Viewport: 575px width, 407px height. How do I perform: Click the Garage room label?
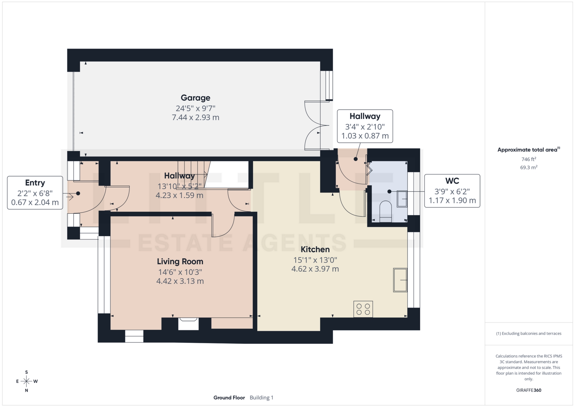point(195,98)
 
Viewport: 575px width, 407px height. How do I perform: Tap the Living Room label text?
point(180,262)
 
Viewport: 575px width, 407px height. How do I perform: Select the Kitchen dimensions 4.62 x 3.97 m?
point(315,269)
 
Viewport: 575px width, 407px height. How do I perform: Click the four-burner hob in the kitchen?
point(363,309)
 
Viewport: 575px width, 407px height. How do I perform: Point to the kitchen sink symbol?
point(400,280)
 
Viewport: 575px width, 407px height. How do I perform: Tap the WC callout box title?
point(452,181)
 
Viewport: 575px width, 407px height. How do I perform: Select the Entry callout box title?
point(35,183)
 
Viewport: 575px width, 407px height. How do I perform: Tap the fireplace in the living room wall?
point(188,324)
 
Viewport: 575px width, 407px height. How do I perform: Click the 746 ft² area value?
point(529,159)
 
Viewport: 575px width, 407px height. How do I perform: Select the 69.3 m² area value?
point(529,168)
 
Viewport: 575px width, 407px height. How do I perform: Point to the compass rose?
point(27,381)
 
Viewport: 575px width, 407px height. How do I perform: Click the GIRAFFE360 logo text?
point(529,390)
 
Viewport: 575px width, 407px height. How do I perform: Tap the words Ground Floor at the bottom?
point(229,398)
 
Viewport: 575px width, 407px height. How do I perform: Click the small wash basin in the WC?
point(402,199)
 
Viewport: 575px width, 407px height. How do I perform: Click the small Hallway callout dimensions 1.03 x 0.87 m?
point(365,136)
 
